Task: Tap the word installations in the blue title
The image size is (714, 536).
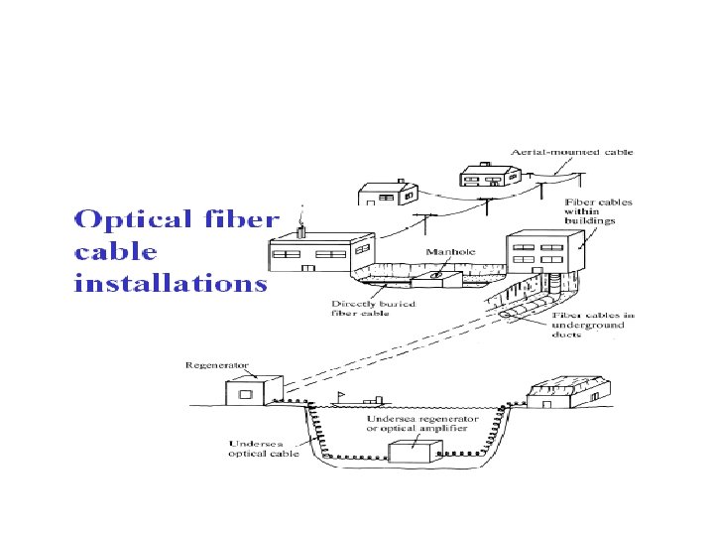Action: [171, 283]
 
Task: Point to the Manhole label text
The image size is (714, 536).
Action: [450, 252]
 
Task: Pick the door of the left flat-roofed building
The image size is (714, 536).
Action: [310, 267]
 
